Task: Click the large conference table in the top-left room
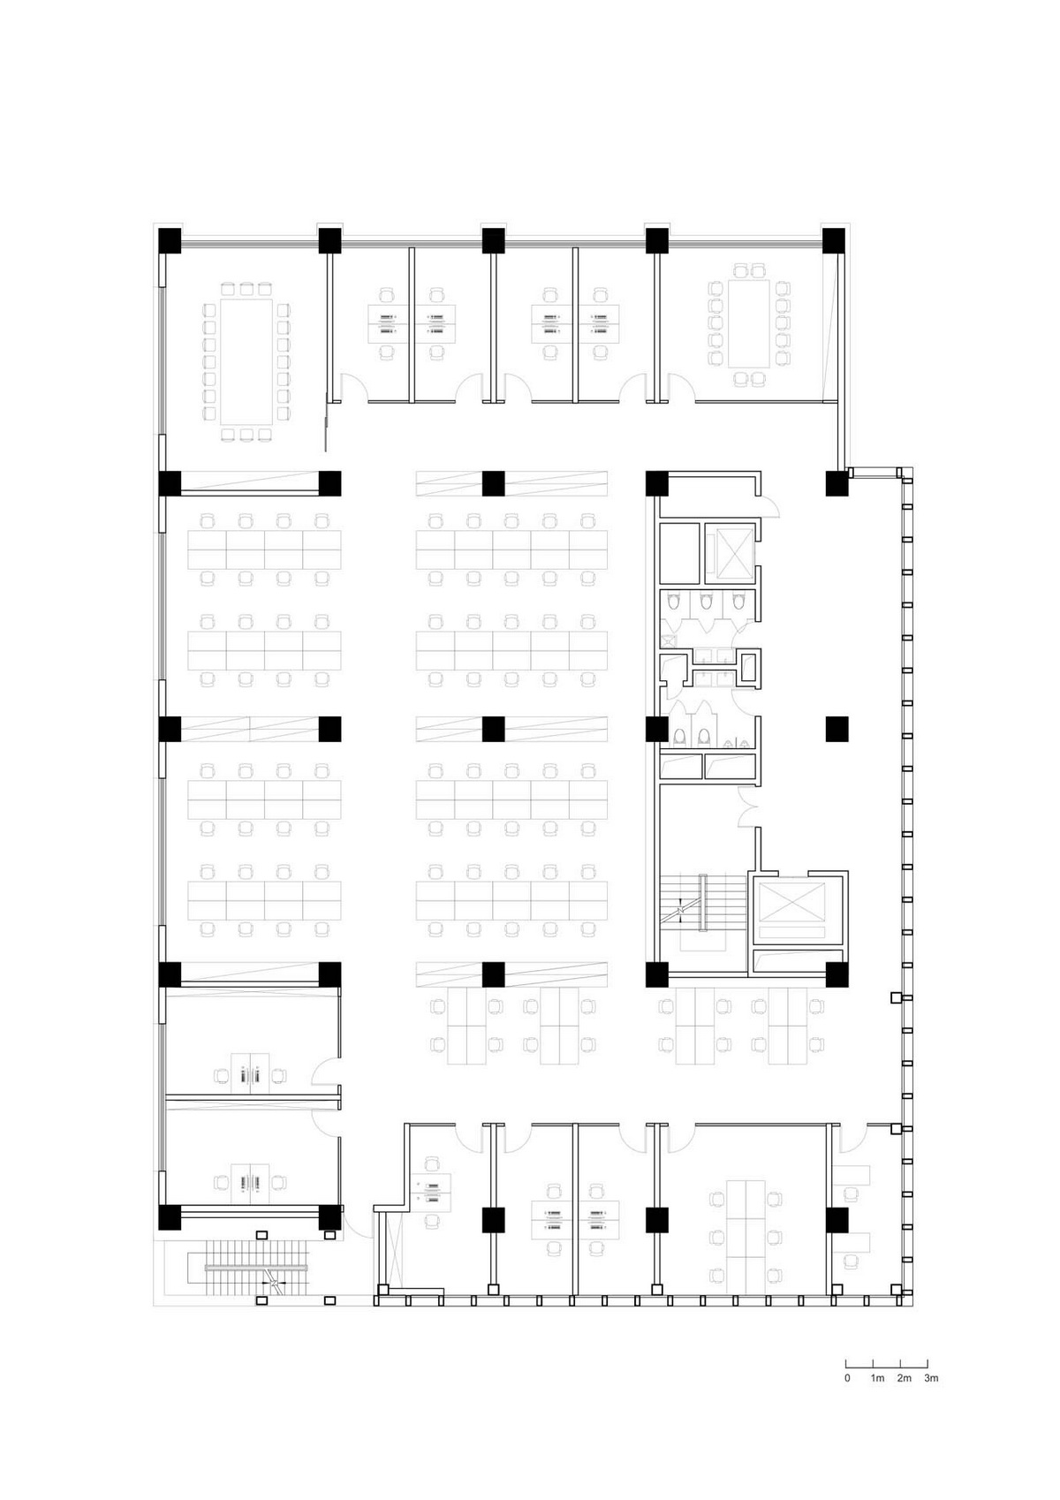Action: click(x=246, y=361)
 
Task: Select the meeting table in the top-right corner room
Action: click(x=749, y=323)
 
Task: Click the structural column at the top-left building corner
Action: click(x=170, y=240)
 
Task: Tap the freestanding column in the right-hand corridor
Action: click(x=837, y=729)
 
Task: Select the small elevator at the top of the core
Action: click(x=730, y=553)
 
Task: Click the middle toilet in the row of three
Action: click(x=705, y=603)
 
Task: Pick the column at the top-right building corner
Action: click(x=834, y=240)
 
